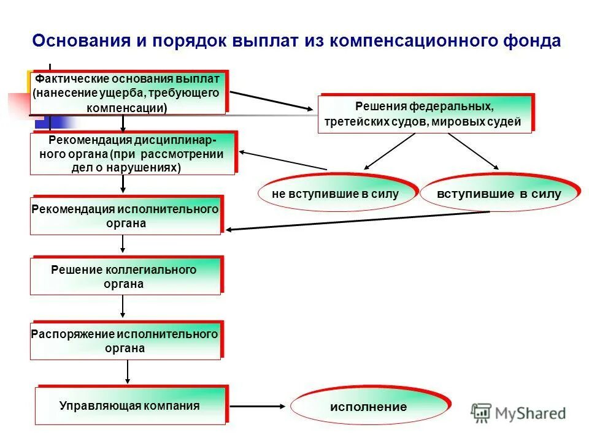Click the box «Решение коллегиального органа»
125,277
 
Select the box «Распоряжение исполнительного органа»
125,341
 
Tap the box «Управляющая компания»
130,406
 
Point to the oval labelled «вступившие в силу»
499,194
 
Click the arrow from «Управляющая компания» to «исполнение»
258,405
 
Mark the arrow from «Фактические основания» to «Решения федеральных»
270,100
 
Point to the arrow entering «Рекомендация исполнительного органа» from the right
356,221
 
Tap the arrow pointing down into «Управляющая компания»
128,372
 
